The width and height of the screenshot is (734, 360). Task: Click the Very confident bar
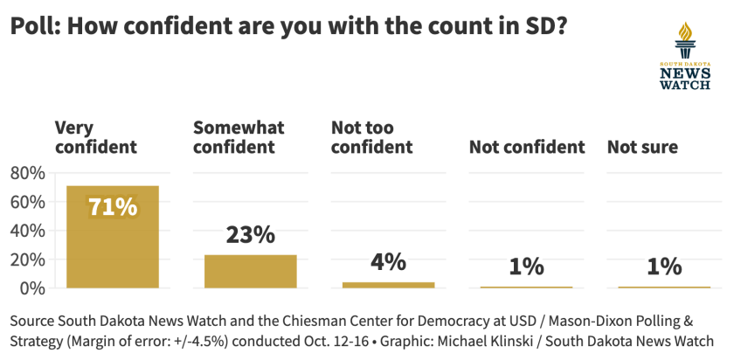(113, 249)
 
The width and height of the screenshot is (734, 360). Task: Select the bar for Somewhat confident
(250, 271)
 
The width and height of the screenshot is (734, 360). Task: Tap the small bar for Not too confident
(388, 284)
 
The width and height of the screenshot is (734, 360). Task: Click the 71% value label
(113, 207)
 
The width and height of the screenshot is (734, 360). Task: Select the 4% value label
(388, 261)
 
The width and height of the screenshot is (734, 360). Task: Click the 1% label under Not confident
(526, 267)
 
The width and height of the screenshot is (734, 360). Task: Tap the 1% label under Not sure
(664, 267)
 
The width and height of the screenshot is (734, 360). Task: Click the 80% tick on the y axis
(27, 173)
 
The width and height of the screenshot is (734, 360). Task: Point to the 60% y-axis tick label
(27, 202)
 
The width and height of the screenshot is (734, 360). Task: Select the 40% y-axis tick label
(27, 231)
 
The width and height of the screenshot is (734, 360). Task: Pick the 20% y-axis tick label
(27, 260)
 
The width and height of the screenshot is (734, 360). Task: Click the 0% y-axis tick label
(32, 287)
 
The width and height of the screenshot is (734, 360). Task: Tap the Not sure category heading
(642, 147)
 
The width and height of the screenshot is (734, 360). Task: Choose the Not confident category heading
(526, 147)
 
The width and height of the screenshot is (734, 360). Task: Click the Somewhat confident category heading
(239, 137)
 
